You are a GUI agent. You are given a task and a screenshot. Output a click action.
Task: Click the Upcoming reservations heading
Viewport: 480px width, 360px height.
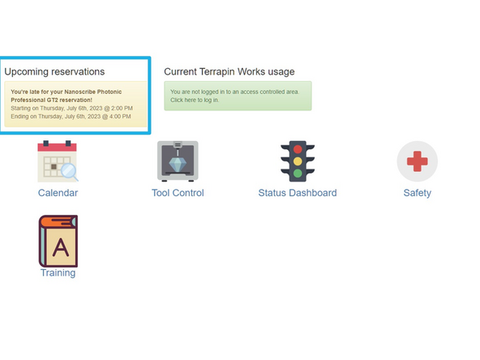[54, 71]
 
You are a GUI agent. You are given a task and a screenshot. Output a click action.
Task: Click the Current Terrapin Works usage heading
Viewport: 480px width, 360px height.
[229, 71]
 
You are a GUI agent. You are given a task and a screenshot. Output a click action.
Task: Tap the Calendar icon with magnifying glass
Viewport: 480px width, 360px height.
[58, 161]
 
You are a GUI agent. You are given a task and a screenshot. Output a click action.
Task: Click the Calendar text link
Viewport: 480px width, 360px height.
[58, 193]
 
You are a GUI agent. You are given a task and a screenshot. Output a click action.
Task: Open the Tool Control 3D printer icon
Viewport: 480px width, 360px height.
[178, 161]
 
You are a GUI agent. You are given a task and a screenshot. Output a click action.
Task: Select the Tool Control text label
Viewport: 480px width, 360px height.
[178, 193]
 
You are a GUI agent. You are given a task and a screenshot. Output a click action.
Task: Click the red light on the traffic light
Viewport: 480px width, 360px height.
[298, 149]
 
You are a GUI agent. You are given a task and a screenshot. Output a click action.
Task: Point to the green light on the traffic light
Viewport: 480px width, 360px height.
[298, 173]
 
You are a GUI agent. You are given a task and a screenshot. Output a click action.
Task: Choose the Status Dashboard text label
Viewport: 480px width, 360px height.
[298, 193]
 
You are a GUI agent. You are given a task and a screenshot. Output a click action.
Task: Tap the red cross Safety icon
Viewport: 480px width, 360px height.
[417, 161]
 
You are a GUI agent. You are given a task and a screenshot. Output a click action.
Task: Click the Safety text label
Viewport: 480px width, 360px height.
[417, 193]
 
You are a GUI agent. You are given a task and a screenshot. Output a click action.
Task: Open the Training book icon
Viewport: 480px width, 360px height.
[58, 241]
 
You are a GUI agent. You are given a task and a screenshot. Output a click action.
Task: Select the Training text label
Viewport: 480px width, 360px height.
[58, 273]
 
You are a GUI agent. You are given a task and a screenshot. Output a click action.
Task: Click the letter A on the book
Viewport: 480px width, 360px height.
[60, 248]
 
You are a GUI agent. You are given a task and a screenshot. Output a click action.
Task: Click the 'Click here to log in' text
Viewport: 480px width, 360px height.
[195, 101]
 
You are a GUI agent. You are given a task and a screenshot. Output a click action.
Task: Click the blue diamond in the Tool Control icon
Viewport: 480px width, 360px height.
[178, 163]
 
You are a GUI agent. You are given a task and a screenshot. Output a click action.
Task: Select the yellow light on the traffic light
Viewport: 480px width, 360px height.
[298, 161]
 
